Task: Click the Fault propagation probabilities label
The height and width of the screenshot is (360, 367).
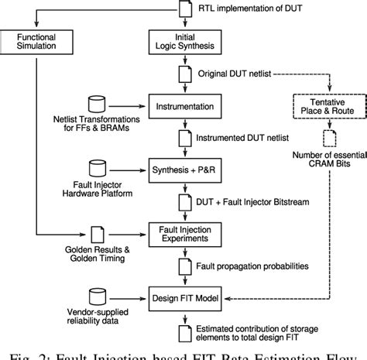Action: click(x=255, y=265)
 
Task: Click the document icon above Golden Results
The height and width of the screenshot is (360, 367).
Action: click(x=98, y=233)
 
